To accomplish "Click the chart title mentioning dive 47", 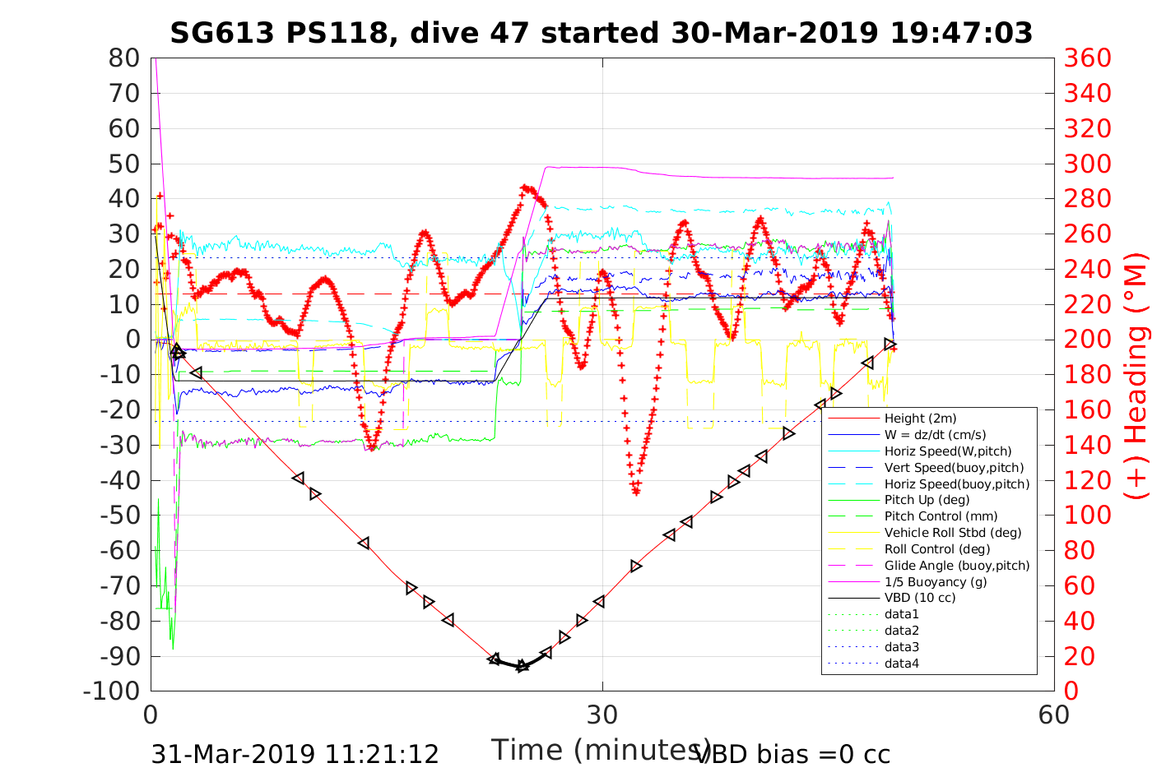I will [x=602, y=33].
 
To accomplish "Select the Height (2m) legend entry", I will [x=920, y=419].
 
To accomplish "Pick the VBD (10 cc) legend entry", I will [x=920, y=598].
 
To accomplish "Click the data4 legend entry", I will [x=901, y=663].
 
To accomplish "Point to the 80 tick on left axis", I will [x=124, y=58].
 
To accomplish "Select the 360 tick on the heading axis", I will [x=1087, y=58].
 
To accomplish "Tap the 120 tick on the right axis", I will [x=1087, y=480].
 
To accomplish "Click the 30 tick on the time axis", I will [x=602, y=715].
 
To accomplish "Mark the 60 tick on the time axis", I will [x=1053, y=715].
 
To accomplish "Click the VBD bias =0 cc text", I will [x=792, y=754].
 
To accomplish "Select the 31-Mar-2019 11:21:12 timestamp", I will [x=295, y=754].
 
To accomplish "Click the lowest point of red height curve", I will [x=522, y=666].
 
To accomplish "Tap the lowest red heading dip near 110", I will [x=636, y=492].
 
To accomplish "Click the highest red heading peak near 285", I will [x=525, y=188].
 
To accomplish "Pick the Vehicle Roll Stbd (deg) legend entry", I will [x=952, y=533].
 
